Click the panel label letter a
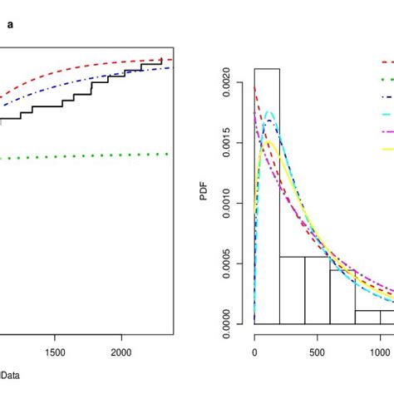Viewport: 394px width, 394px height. tap(10, 25)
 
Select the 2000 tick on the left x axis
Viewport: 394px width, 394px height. tap(121, 351)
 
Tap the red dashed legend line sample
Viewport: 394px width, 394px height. tap(387, 62)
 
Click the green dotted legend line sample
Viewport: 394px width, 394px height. tap(387, 80)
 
